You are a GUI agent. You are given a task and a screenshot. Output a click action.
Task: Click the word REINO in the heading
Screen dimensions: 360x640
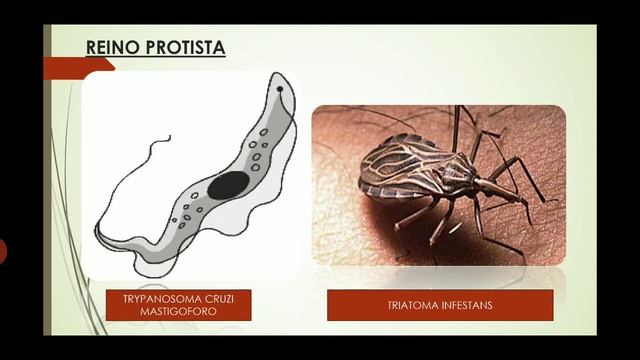click(x=107, y=47)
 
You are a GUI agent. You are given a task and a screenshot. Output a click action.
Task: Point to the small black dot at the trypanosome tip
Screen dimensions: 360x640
click(x=281, y=89)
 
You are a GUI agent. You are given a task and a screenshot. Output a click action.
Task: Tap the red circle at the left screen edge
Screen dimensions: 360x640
click(x=2, y=250)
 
